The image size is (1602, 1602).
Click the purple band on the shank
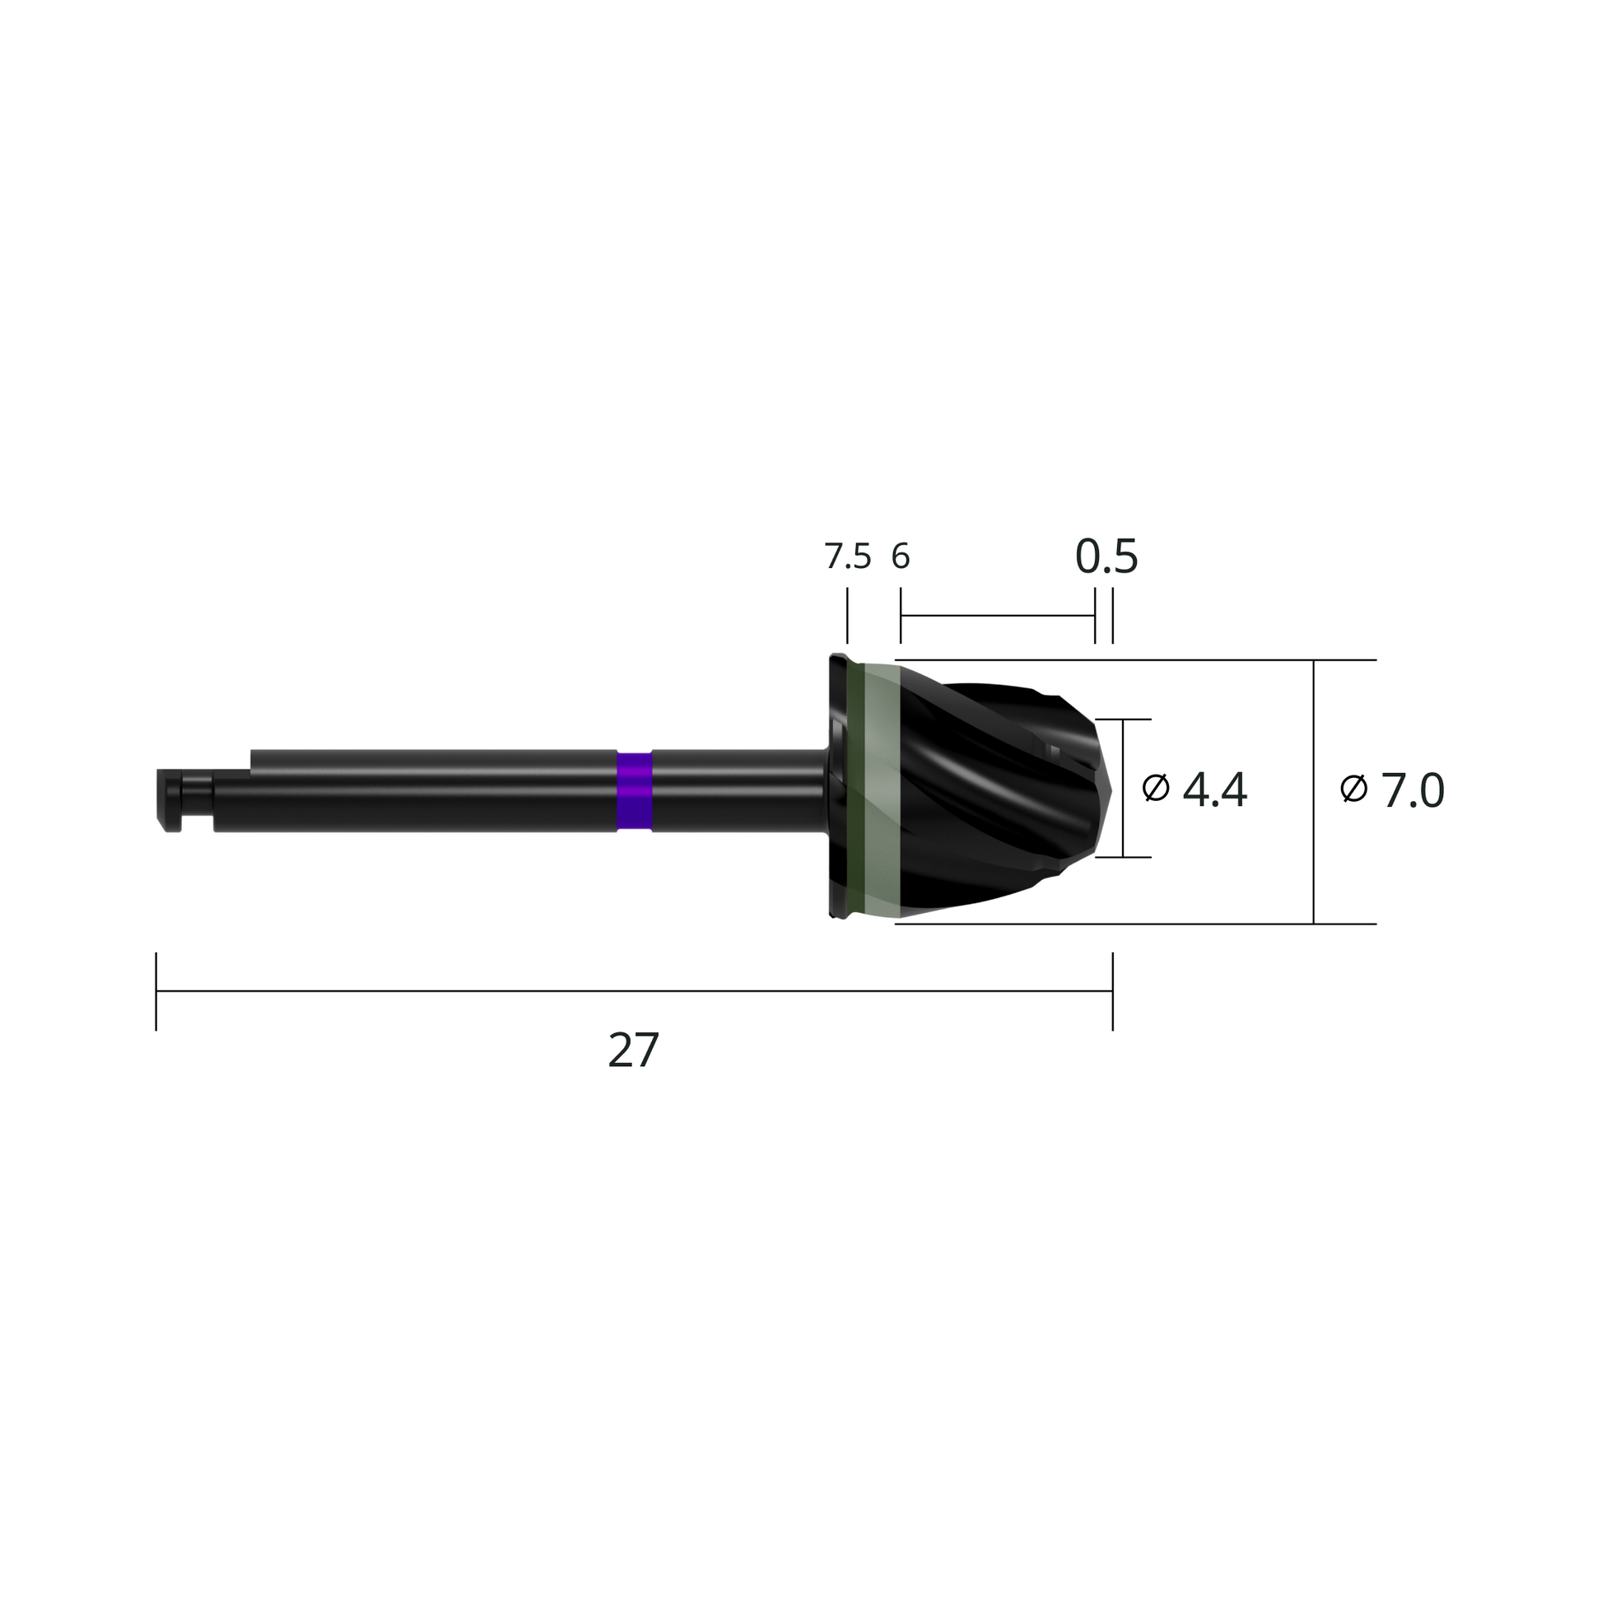tap(635, 791)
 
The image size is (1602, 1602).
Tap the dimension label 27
tap(634, 1050)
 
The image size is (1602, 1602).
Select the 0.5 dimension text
tap(1106, 557)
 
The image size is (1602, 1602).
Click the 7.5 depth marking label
tap(847, 557)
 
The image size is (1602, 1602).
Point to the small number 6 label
tap(901, 557)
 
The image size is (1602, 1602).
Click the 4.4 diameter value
tap(1214, 790)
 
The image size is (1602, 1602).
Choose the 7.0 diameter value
tap(1412, 790)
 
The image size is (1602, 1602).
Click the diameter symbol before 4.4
tap(1155, 788)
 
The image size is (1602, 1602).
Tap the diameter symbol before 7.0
tap(1353, 788)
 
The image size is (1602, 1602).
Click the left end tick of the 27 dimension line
tap(156, 992)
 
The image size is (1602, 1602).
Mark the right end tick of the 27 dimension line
tap(1112, 992)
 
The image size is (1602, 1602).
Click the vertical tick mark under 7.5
tap(846, 616)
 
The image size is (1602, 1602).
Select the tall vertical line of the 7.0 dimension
tap(1313, 792)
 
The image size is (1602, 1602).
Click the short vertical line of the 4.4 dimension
tap(1123, 788)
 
